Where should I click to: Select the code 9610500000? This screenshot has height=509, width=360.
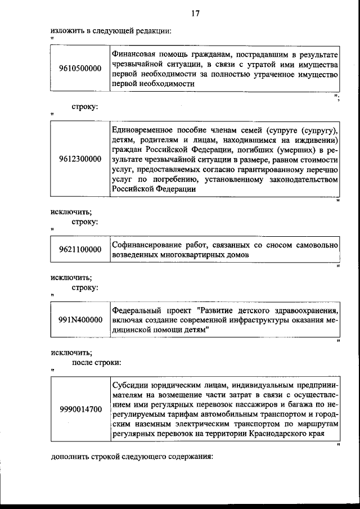[x=80, y=69]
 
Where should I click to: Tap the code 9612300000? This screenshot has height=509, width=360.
[x=80, y=159]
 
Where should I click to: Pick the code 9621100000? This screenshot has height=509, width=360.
[x=80, y=250]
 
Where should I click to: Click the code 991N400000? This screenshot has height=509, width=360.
[x=80, y=319]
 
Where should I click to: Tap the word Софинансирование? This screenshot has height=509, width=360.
[x=144, y=245]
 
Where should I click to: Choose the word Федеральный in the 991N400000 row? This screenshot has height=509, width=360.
[x=136, y=310]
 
